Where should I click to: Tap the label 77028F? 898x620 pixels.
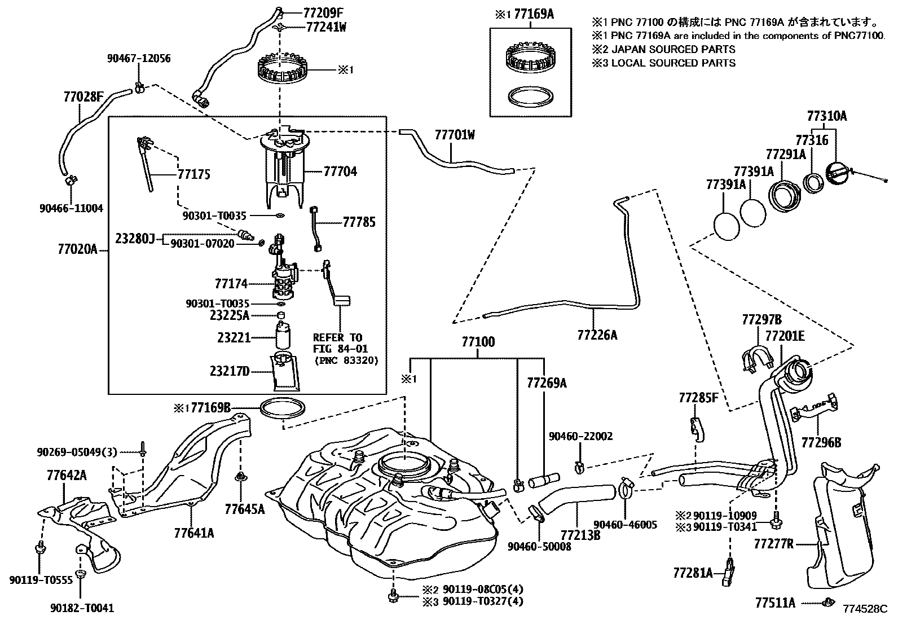[x=83, y=96]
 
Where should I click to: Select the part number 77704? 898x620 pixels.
[x=340, y=171]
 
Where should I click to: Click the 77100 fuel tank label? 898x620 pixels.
[x=478, y=342]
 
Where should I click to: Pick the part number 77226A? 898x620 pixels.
[x=597, y=335]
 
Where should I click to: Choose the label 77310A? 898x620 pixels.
[x=826, y=116]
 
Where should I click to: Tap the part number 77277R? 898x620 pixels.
[x=774, y=544]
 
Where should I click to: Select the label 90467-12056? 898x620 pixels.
[x=139, y=59]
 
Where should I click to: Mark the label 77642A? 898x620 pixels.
[x=67, y=476]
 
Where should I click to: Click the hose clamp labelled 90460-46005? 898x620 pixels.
[x=625, y=487]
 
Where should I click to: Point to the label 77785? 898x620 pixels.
[x=359, y=222]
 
